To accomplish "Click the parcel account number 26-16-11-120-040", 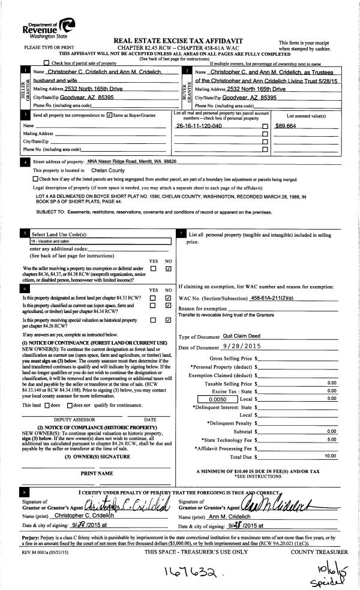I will click(x=199, y=127).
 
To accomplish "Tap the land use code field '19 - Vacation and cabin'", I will click(x=100, y=240).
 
